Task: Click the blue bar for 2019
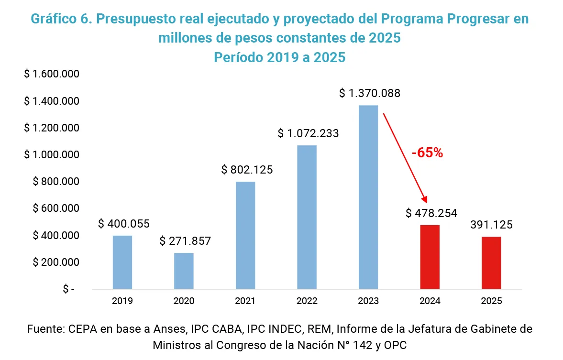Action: click(x=122, y=262)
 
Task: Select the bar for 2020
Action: click(x=184, y=271)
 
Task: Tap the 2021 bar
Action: click(x=245, y=235)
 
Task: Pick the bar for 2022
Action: click(x=307, y=217)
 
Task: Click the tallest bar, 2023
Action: click(x=368, y=197)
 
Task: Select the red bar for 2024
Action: click(x=430, y=257)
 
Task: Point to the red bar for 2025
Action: click(x=491, y=262)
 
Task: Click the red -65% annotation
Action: click(x=427, y=153)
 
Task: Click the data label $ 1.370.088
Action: click(x=369, y=93)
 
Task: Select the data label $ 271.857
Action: click(x=185, y=240)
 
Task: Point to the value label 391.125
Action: click(x=491, y=225)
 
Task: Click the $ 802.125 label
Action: click(x=247, y=170)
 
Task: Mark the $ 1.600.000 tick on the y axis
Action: click(x=51, y=75)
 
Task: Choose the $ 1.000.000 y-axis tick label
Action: click(x=51, y=155)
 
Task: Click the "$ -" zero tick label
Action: click(x=68, y=289)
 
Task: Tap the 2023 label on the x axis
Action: click(x=368, y=301)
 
